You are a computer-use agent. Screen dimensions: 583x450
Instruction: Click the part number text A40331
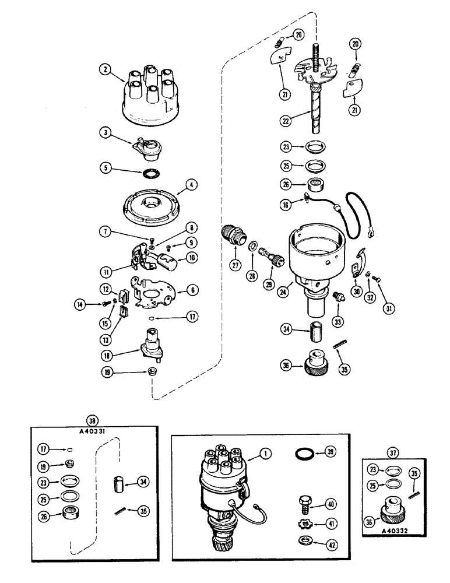pyautogui.click(x=92, y=430)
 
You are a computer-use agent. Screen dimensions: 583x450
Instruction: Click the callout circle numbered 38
pyautogui.click(x=91, y=420)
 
